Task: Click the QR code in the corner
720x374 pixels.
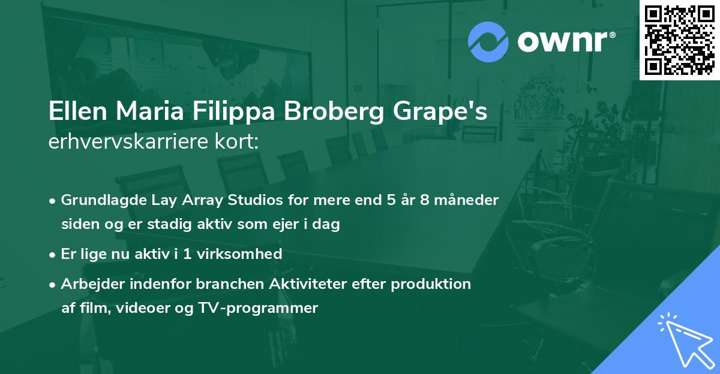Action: (679, 40)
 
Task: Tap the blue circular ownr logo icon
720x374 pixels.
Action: (488, 41)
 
